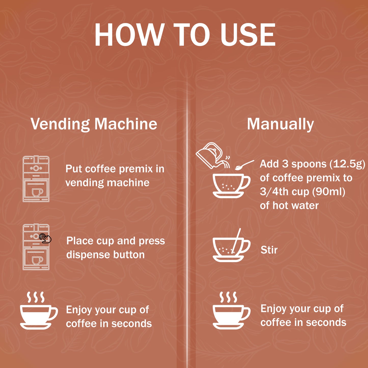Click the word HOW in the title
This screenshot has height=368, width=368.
coord(130,35)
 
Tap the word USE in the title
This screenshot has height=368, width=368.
coord(248,35)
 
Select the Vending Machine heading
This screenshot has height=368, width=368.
coord(94,124)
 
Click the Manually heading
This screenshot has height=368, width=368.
coord(280,124)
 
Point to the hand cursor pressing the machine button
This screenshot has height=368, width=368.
coord(45,238)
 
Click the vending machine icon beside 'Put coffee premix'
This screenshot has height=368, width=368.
coord(36,179)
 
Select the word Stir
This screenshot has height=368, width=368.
coord(269,250)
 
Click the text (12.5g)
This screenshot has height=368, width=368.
coord(347,164)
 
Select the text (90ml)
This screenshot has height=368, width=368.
coord(329,192)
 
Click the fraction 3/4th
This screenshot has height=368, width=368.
coord(274,192)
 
